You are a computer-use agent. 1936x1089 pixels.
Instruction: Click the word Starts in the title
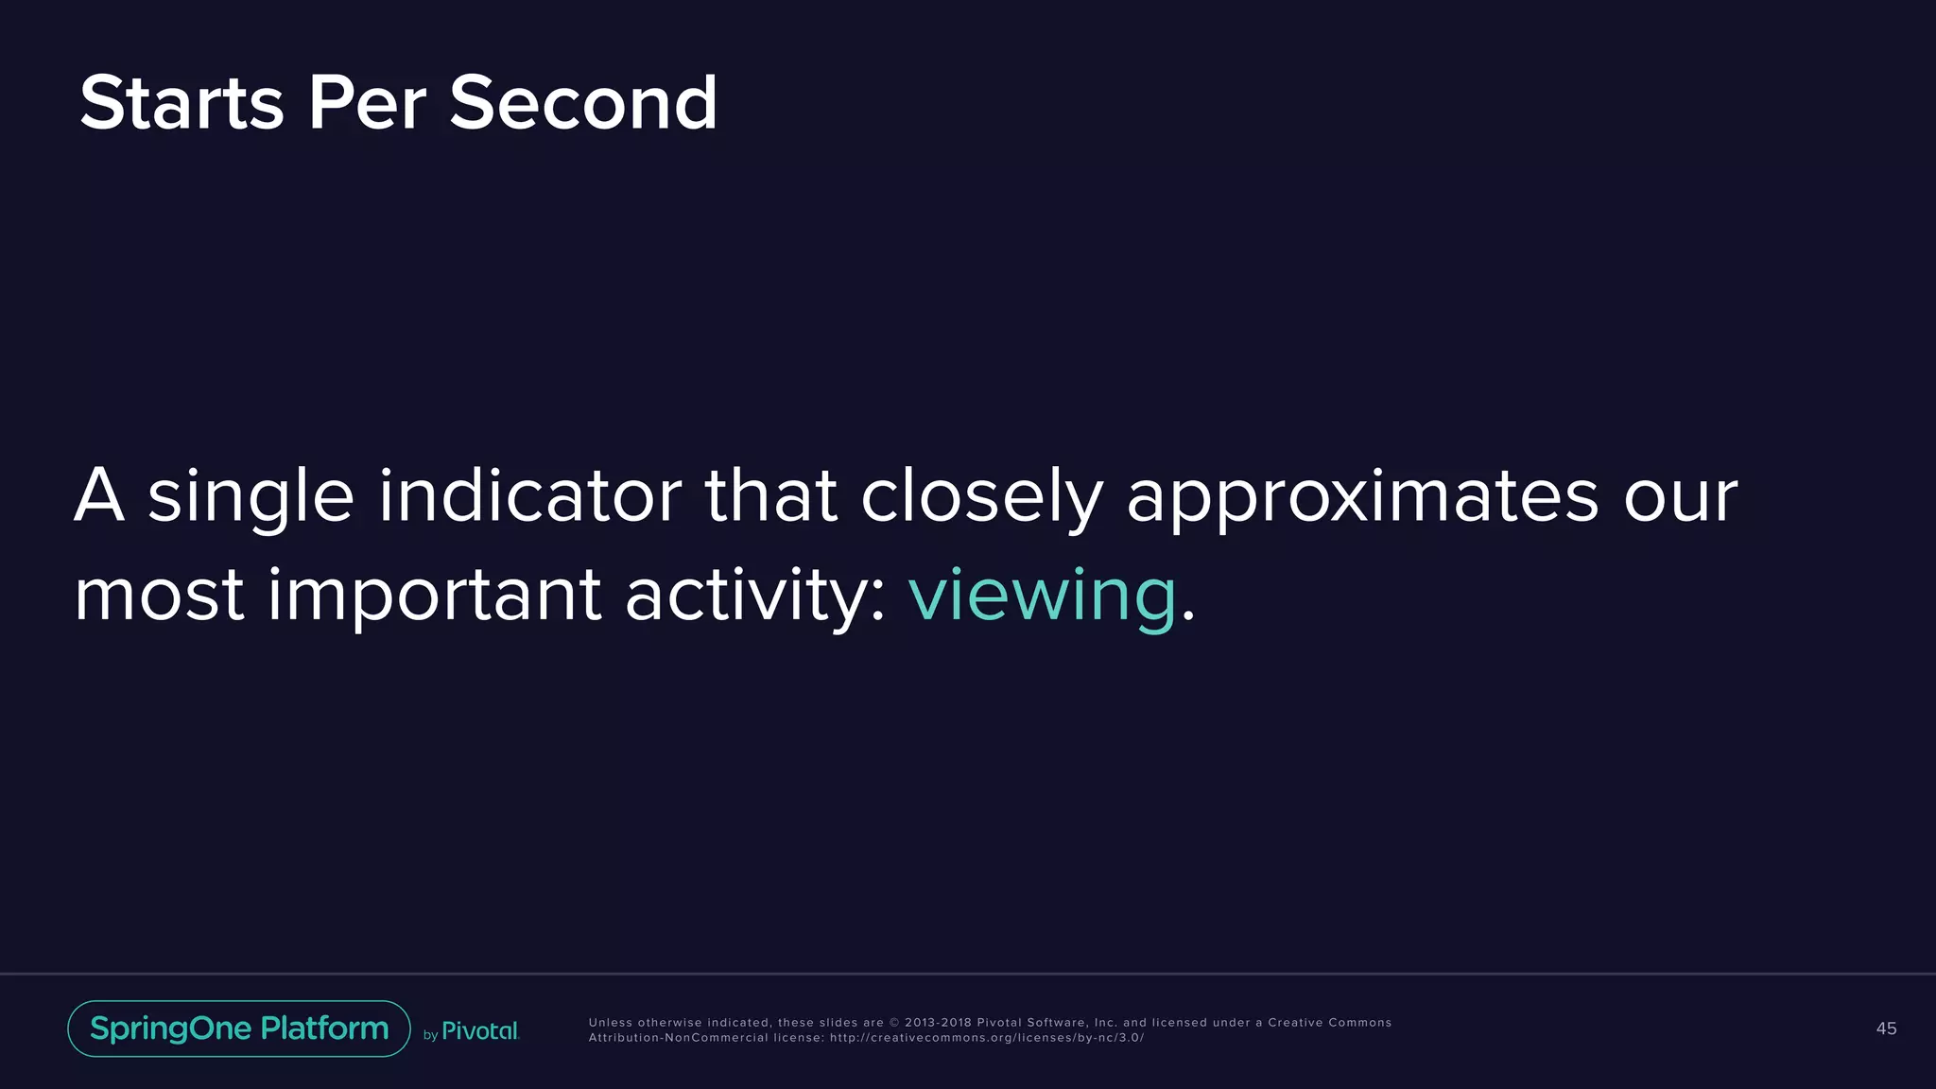coord(181,103)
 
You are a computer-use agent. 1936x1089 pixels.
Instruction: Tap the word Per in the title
coord(367,103)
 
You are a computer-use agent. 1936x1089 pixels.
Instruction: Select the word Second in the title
coord(583,103)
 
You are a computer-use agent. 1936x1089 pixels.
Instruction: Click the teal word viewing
coord(1042,596)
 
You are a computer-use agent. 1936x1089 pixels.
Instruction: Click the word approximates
coord(1362,497)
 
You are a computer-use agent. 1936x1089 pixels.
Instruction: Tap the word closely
coord(981,497)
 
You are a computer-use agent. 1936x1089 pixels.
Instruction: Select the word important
coord(434,596)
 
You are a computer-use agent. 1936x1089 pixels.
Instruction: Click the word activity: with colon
coord(755,596)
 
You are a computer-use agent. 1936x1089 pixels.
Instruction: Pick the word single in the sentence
coord(251,497)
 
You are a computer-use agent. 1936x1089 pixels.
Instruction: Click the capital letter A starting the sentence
coord(99,495)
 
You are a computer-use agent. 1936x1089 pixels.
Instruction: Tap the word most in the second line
coord(159,596)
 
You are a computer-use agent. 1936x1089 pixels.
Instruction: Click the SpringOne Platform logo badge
coord(239,1028)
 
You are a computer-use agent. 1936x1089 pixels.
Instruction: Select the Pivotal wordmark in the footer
coord(480,1030)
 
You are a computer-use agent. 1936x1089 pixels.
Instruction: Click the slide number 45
coord(1886,1028)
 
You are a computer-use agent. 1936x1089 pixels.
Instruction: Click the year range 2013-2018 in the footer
coord(938,1023)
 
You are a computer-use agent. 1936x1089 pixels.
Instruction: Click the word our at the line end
coord(1680,497)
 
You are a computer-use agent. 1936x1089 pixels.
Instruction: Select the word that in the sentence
coord(770,495)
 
